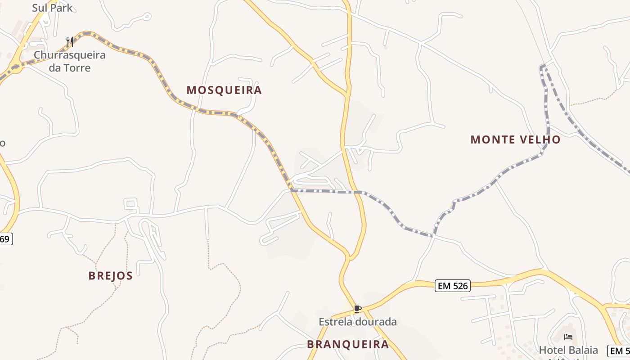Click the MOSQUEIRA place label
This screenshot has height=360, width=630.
coord(224,90)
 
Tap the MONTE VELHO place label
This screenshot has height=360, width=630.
coord(516,139)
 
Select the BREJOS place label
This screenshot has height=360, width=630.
coord(111,275)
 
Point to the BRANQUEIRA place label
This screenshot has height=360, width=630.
coord(348,345)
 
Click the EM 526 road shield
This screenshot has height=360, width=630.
coord(453,286)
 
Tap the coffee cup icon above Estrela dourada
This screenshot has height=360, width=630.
coord(357,309)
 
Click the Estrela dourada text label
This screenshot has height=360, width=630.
coord(358,322)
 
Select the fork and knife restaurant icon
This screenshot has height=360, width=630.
coord(69,42)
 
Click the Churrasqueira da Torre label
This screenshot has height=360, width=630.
coord(69,62)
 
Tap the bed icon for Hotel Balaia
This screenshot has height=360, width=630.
coord(568,337)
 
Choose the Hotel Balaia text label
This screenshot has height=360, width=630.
coord(568,350)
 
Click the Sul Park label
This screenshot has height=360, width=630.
coord(52,8)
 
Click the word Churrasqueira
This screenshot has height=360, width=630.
coord(69,55)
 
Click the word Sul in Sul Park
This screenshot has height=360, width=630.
coord(39,8)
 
